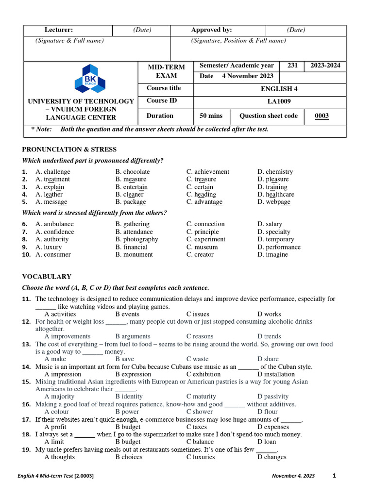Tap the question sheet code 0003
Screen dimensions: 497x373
click(x=322, y=116)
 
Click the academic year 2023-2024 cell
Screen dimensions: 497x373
click(x=325, y=66)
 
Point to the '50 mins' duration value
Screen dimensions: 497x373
click(x=211, y=116)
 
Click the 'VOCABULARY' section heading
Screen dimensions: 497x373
click(x=47, y=277)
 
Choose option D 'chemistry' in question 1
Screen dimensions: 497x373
click(x=275, y=172)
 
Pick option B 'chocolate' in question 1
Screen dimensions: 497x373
click(x=133, y=172)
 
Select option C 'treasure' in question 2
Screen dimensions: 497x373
click(x=201, y=180)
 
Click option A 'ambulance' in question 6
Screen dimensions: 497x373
click(x=54, y=224)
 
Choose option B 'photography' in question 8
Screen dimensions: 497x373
click(x=136, y=239)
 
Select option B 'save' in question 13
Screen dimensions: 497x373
click(x=125, y=359)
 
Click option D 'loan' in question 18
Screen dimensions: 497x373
click(x=267, y=442)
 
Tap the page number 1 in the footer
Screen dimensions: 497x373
click(x=334, y=476)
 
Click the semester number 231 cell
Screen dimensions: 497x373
click(x=292, y=66)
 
